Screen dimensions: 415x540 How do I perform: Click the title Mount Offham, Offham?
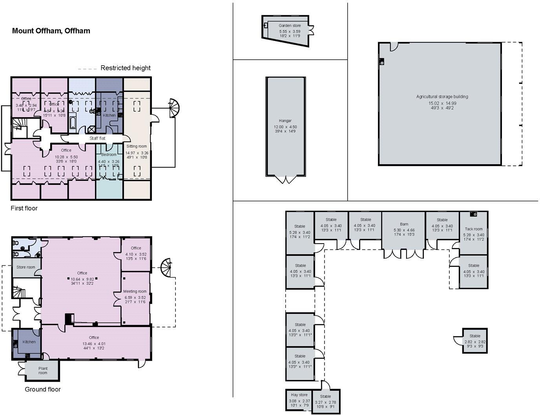click(51, 31)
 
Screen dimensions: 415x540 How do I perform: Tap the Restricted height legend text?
click(125, 68)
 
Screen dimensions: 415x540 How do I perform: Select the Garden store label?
click(290, 26)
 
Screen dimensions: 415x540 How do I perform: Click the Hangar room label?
click(285, 121)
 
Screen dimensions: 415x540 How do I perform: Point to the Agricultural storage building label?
click(442, 96)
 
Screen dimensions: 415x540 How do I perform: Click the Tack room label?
click(474, 229)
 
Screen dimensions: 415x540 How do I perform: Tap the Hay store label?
click(299, 395)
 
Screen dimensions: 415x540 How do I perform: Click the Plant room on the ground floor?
click(43, 371)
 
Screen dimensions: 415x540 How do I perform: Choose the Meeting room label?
click(135, 291)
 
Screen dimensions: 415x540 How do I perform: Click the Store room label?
click(26, 267)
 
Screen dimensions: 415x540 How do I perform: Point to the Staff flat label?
click(97, 138)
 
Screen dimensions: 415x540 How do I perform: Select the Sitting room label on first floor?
click(136, 146)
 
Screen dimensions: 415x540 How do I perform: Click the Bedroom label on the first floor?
click(109, 154)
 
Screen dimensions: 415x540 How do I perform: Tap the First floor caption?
click(24, 208)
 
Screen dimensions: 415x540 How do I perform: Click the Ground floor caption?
click(43, 389)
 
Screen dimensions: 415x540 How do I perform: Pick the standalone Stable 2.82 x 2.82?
click(474, 340)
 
